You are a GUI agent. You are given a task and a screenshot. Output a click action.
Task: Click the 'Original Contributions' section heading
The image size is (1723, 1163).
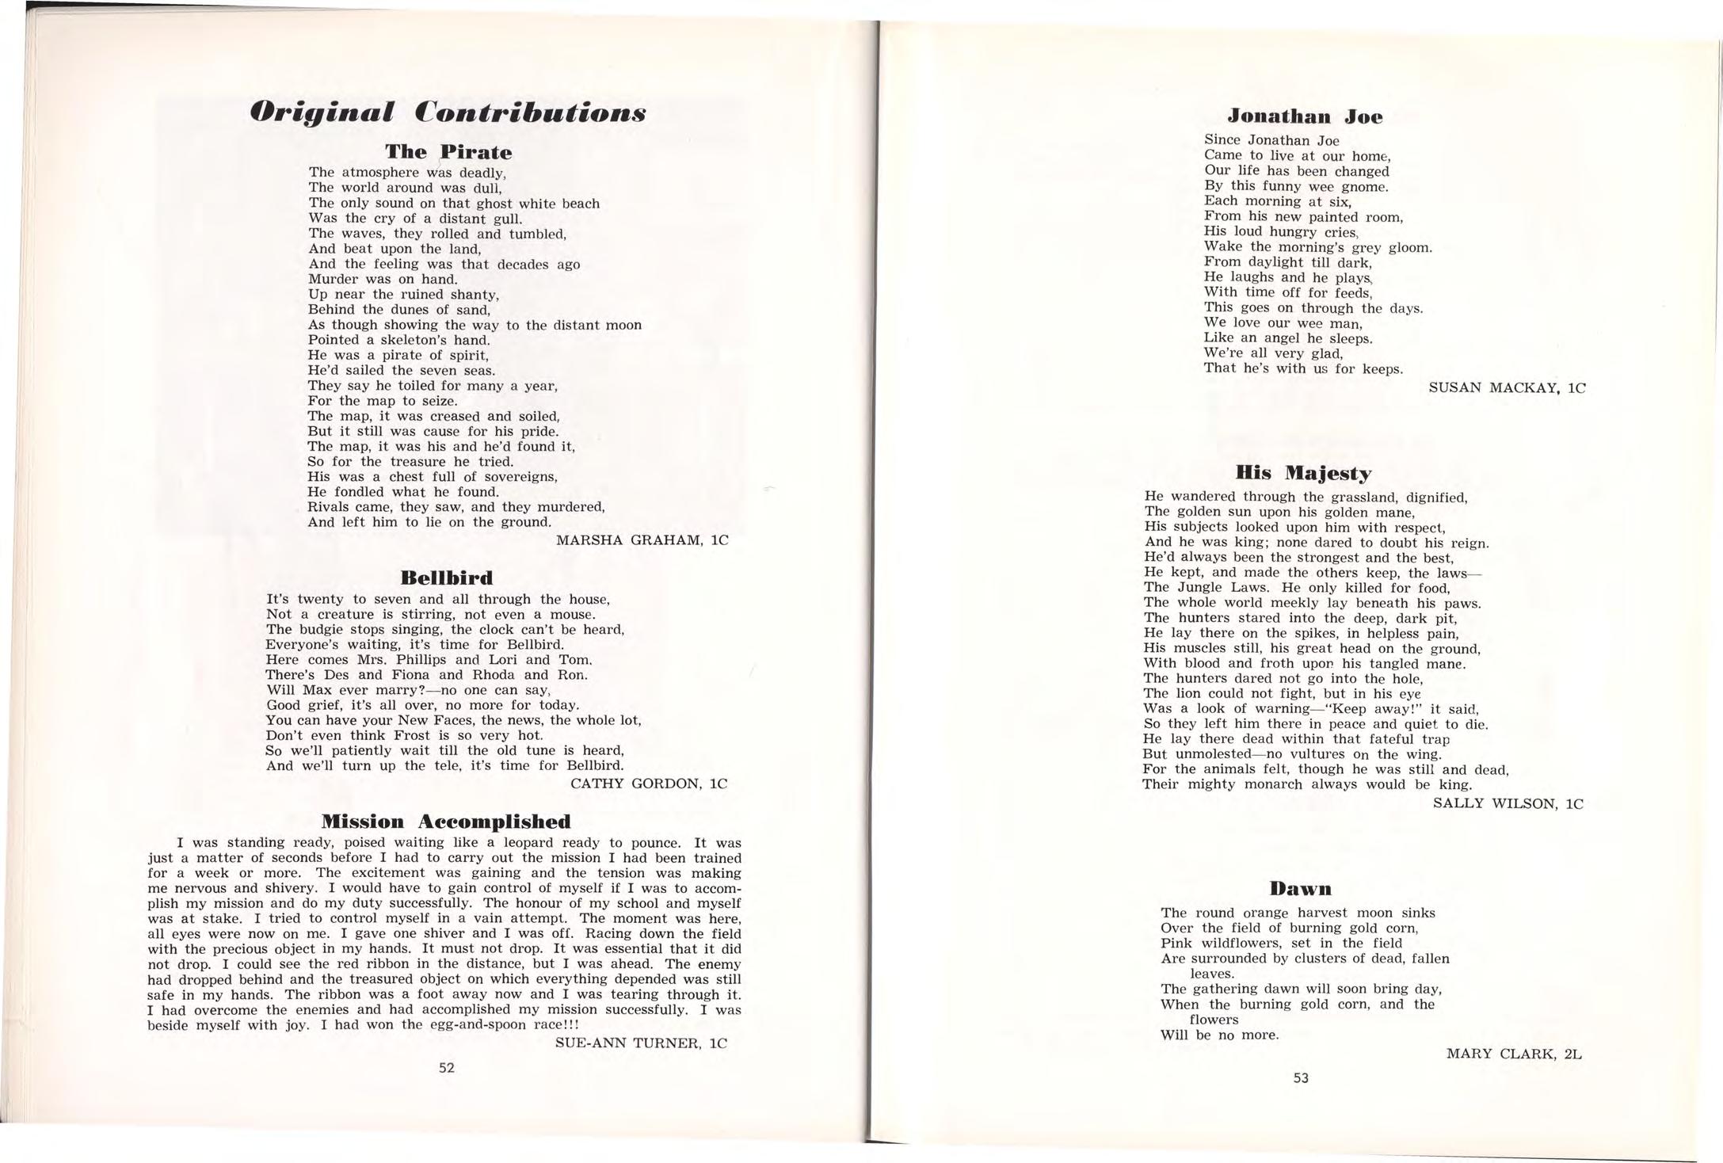(x=448, y=112)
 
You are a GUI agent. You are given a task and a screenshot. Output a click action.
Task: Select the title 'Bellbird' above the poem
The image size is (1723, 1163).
(x=447, y=577)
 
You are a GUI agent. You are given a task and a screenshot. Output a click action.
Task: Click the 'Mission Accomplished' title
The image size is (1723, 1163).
(x=446, y=820)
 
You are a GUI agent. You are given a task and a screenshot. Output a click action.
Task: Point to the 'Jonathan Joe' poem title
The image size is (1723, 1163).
(x=1305, y=116)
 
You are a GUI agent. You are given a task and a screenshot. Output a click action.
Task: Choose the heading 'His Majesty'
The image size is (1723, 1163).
(x=1303, y=474)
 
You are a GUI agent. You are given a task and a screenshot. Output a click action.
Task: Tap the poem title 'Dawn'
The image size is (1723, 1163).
(x=1300, y=887)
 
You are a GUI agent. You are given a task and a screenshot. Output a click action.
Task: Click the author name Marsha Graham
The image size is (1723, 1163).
(x=642, y=540)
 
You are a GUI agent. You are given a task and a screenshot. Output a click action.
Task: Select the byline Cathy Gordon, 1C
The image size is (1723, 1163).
(x=648, y=784)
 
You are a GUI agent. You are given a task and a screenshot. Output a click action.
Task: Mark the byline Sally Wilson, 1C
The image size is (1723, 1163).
(x=1508, y=803)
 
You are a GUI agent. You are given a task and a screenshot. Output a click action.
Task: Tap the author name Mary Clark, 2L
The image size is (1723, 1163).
(x=1513, y=1054)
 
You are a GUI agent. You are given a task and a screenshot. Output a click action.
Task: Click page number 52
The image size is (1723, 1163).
(x=447, y=1067)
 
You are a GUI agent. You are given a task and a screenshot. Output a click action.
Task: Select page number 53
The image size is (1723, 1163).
(x=1301, y=1077)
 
